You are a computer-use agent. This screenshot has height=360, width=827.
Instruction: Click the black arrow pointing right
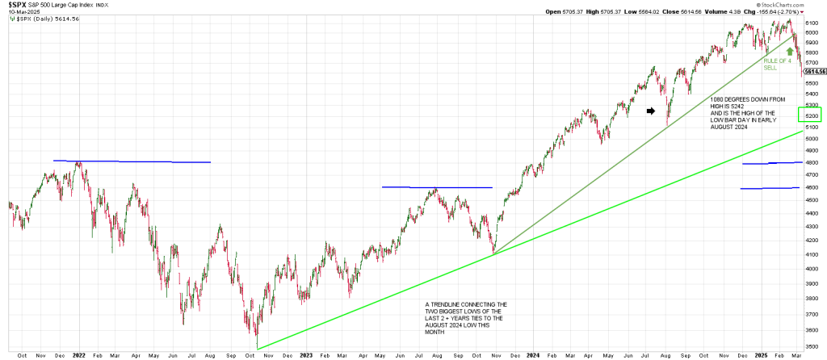pyautogui.click(x=651, y=112)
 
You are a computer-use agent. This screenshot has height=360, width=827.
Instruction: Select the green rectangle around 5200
pyautogui.click(x=809, y=115)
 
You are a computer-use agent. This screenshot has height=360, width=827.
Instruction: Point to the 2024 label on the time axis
pyautogui.click(x=532, y=354)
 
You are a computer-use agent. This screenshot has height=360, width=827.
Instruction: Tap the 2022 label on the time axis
pyautogui.click(x=79, y=354)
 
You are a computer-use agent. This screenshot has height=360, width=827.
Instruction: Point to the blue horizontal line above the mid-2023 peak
pyautogui.click(x=437, y=187)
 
